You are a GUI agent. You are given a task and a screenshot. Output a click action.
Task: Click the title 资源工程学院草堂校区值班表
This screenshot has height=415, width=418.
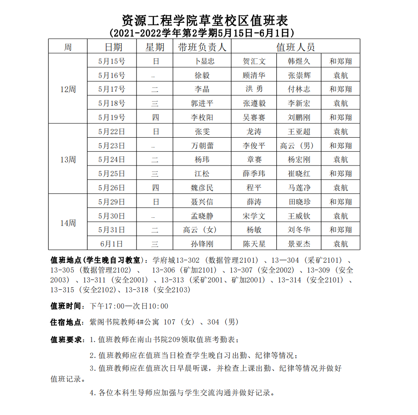point(205,20)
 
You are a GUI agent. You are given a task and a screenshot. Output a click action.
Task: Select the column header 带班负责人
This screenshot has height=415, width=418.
point(202,47)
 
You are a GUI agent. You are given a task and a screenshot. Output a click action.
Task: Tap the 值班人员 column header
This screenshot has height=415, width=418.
point(295,47)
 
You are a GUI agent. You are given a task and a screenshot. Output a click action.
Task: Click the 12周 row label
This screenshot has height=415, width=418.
point(68,89)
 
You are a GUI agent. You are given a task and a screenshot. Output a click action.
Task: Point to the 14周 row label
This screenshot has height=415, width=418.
point(68,223)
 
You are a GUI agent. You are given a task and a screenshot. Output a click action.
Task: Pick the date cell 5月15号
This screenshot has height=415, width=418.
point(112,61)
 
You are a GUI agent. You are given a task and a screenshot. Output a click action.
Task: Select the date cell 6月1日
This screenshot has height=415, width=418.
point(112,244)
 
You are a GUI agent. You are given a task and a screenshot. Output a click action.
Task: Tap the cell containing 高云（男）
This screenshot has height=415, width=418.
point(297,146)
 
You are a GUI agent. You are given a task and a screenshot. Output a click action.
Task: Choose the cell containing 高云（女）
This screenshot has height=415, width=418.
point(200,230)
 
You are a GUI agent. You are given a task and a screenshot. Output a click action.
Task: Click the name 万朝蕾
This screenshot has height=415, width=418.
point(202,146)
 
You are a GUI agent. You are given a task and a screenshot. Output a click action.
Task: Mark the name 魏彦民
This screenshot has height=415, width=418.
point(202,188)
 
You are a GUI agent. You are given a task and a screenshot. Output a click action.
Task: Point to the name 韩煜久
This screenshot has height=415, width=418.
point(299,61)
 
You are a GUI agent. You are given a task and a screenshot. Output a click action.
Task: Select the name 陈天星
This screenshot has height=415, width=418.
point(254,244)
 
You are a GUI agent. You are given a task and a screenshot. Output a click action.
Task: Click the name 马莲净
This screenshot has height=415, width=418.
point(299,188)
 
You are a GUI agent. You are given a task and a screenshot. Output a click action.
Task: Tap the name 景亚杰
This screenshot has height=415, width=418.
point(299,244)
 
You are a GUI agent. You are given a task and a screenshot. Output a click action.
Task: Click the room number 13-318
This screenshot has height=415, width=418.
point(136,290)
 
